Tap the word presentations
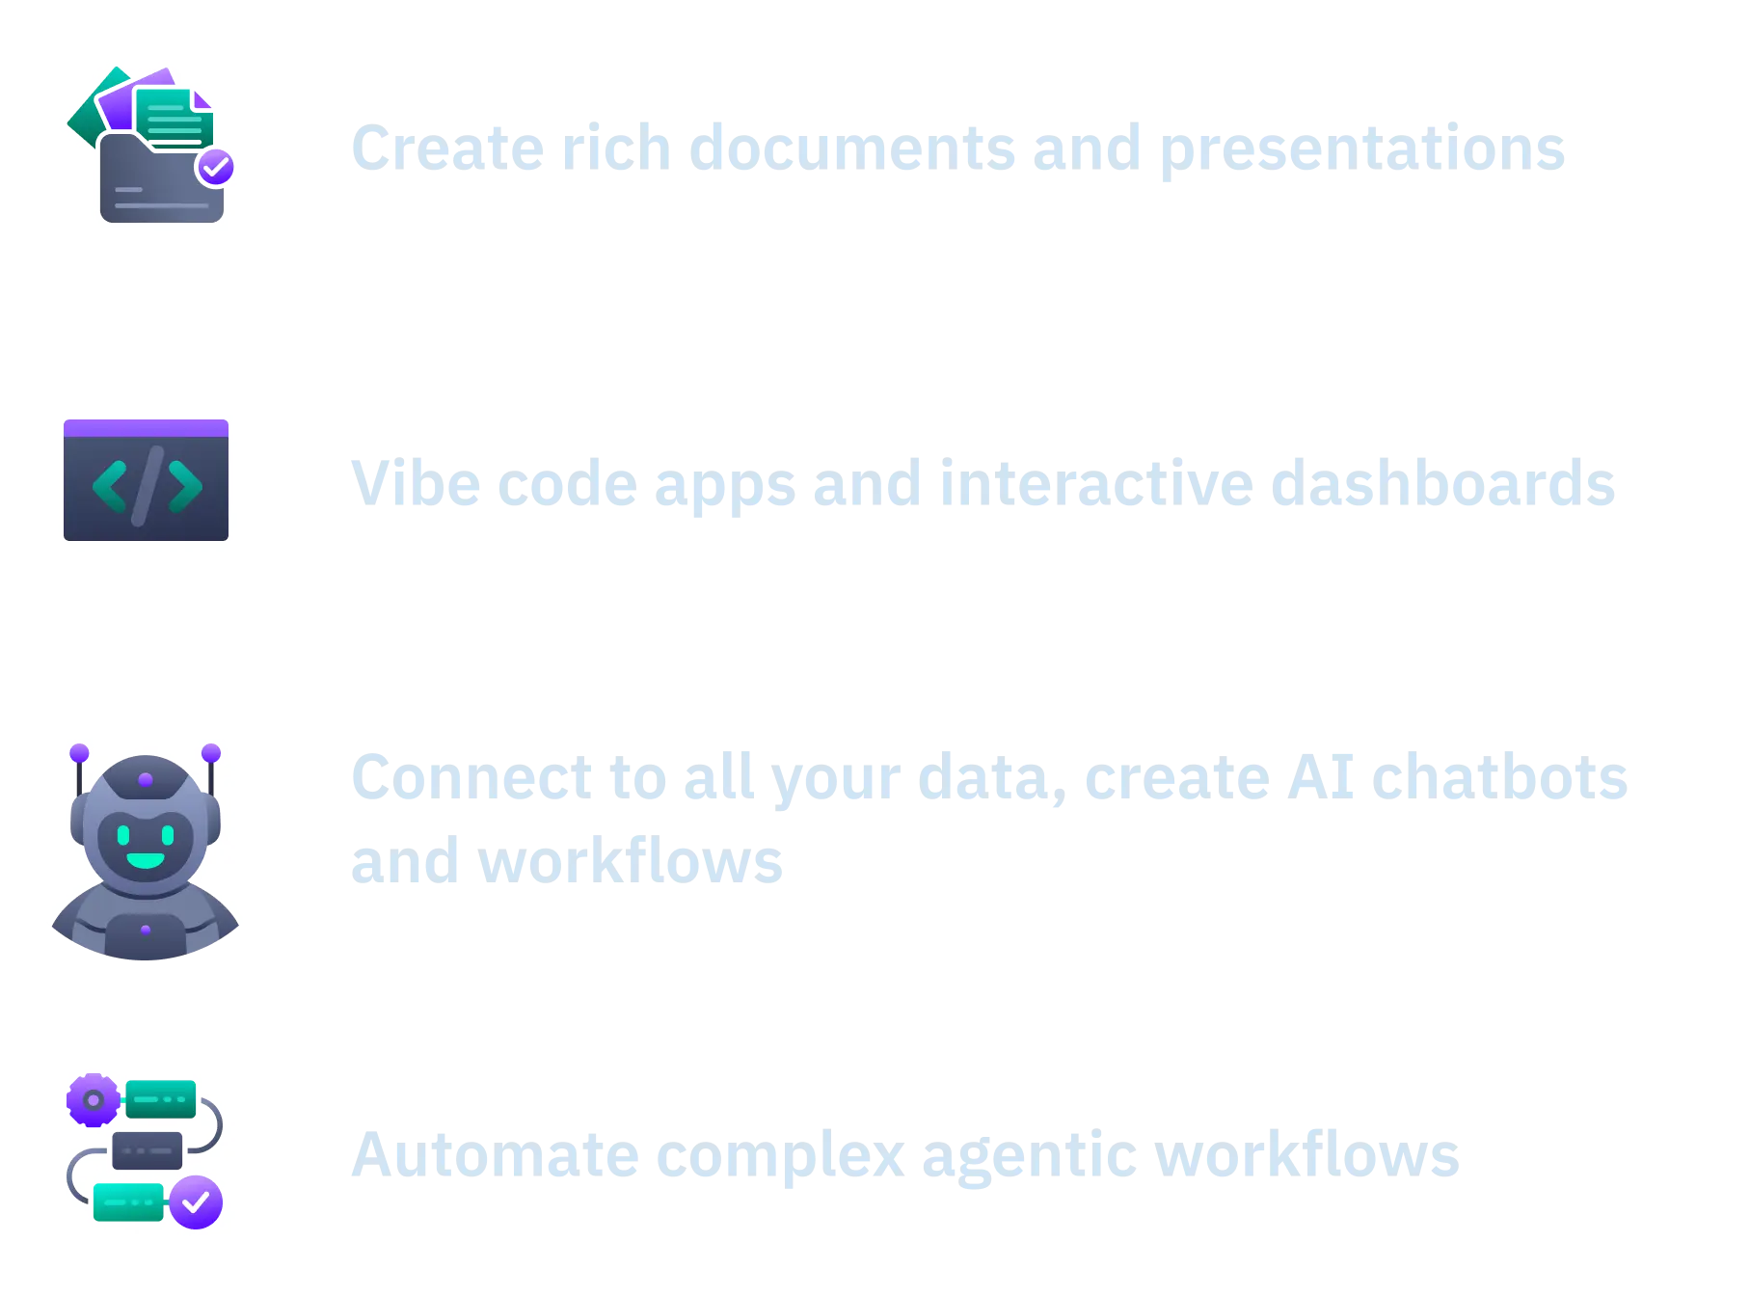(x=1362, y=150)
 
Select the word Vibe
(x=416, y=482)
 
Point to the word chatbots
(x=1500, y=776)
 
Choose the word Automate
(x=496, y=1155)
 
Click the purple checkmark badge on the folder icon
(x=215, y=168)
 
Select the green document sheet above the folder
(x=175, y=117)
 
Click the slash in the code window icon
(x=148, y=486)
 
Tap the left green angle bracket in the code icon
(x=110, y=486)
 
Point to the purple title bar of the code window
(x=146, y=428)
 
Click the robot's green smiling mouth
(x=146, y=860)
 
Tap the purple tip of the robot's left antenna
(x=79, y=752)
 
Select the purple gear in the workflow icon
(x=94, y=1099)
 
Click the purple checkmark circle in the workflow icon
(x=196, y=1201)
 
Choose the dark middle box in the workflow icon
(x=148, y=1150)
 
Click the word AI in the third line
(x=1321, y=777)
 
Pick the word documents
(x=852, y=148)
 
